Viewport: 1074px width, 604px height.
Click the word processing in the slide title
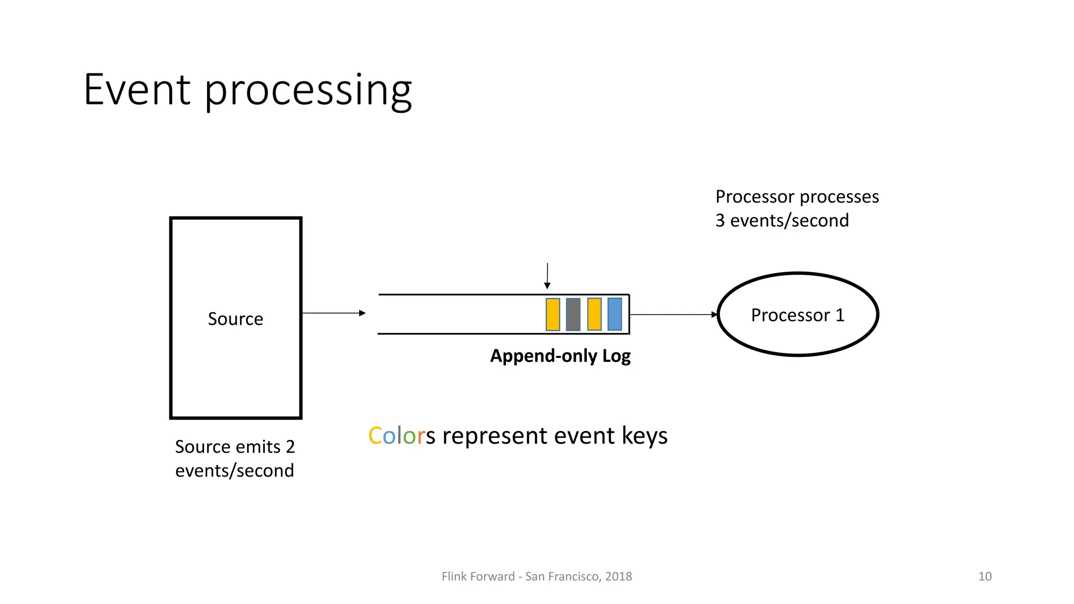(x=308, y=92)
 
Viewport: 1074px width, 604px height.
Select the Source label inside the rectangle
(x=235, y=319)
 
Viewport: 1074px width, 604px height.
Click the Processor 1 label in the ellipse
(x=798, y=315)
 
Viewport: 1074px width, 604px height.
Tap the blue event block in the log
(x=615, y=314)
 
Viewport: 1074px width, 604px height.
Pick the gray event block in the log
(x=573, y=315)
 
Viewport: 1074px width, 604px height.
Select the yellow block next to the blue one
(x=594, y=314)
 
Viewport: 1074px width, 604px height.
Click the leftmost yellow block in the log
(x=553, y=315)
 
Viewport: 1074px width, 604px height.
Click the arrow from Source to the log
(x=334, y=313)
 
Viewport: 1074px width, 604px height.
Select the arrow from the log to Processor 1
(x=673, y=315)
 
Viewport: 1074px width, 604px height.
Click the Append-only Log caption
(x=560, y=356)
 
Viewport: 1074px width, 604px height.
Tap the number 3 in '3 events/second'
(x=720, y=221)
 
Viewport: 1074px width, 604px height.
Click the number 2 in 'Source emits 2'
(x=290, y=447)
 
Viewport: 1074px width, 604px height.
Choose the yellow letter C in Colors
(x=375, y=436)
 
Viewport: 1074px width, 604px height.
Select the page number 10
(x=984, y=576)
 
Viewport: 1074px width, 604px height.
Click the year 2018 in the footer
(x=618, y=576)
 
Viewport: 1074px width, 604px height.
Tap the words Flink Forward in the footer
(x=478, y=576)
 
